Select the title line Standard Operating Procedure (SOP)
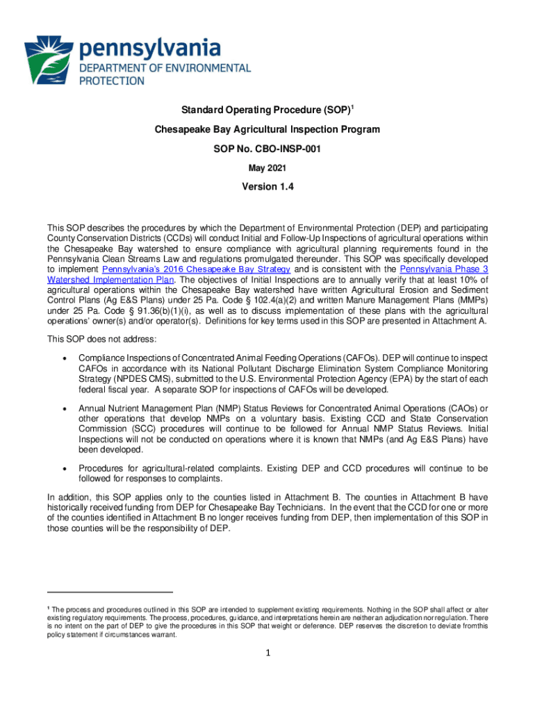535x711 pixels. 265,110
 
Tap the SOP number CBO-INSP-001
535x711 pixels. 267,149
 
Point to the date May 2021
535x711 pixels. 267,167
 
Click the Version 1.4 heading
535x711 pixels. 267,187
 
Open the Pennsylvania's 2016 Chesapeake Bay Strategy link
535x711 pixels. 196,269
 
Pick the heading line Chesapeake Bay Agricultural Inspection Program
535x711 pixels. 267,130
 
